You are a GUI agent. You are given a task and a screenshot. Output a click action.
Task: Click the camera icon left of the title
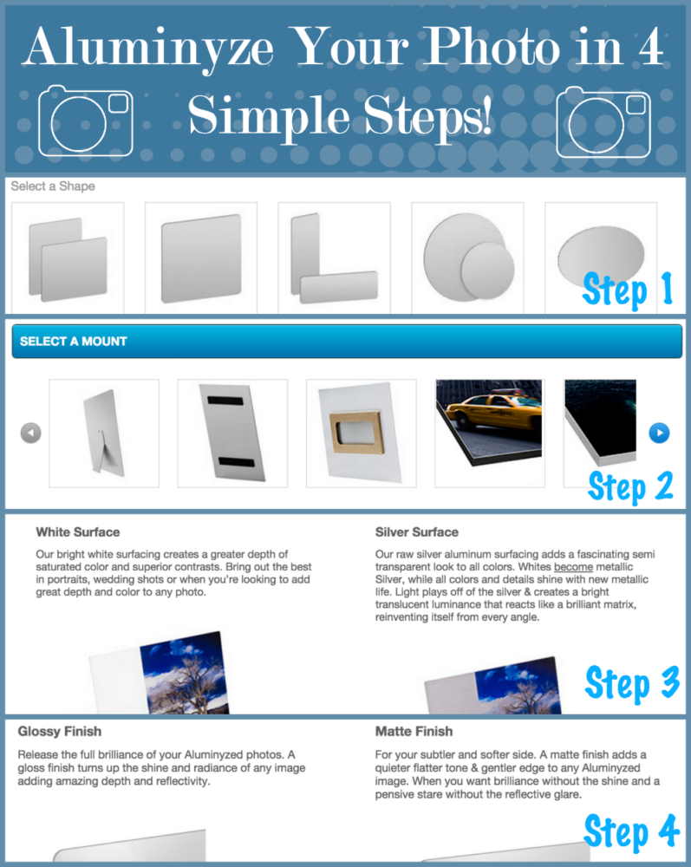point(86,121)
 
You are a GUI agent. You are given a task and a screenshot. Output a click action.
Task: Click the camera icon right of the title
point(603,122)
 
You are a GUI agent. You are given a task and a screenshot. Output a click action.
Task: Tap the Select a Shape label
point(53,186)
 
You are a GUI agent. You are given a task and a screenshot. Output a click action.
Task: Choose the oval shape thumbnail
point(601,257)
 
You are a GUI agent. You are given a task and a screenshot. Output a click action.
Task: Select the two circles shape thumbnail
point(467,257)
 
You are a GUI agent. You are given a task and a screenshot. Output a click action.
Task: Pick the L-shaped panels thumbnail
point(335,257)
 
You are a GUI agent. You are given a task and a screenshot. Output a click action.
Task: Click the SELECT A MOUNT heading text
point(74,342)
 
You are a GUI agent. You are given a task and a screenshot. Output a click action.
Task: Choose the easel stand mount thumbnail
point(104,433)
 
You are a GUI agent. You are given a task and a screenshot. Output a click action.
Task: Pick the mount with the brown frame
point(361,433)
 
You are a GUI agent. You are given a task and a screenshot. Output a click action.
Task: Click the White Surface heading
point(78,532)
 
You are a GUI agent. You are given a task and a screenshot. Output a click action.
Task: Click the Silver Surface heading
point(417,532)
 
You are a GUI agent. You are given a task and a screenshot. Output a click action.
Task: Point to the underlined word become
point(573,567)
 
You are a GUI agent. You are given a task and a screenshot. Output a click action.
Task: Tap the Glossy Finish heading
point(60,732)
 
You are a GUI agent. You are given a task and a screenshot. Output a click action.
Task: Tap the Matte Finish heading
point(414,732)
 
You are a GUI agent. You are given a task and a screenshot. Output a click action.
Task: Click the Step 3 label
point(632,683)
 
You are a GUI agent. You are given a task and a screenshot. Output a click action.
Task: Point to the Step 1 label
point(628,290)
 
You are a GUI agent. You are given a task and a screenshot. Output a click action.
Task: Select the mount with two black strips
point(232,433)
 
